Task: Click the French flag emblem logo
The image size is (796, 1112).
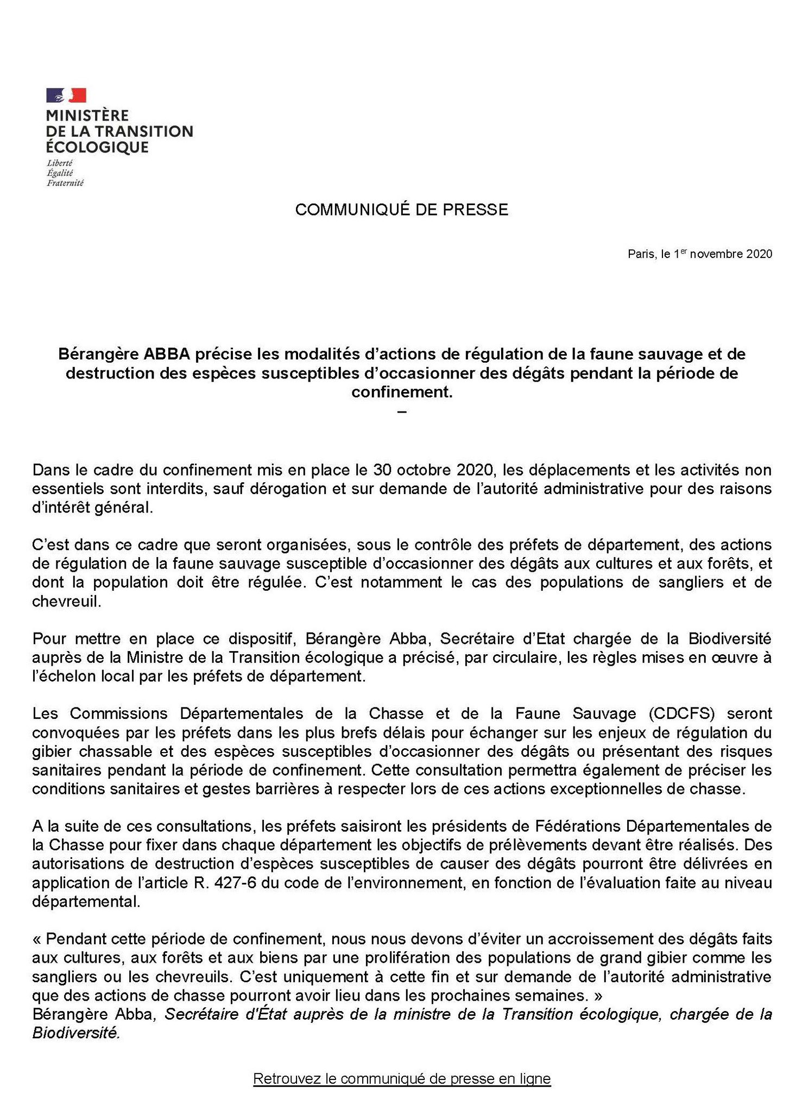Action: click(66, 95)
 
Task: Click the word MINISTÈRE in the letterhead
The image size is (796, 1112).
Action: click(87, 116)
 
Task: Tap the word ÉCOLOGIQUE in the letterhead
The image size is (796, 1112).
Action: click(97, 147)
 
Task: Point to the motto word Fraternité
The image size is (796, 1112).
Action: click(65, 183)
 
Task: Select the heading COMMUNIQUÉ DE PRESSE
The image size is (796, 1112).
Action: click(402, 210)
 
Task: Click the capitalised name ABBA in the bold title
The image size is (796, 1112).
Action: click(167, 354)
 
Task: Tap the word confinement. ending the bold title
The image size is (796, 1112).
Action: click(402, 391)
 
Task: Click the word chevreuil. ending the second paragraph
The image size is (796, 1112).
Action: click(67, 602)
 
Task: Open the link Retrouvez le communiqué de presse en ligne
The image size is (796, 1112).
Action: click(402, 1078)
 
